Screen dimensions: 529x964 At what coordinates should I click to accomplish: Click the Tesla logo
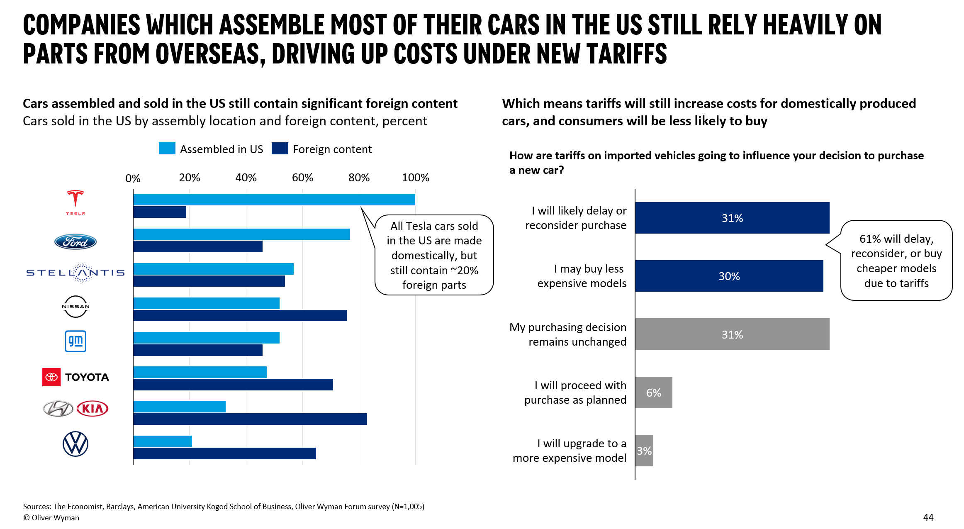(x=75, y=202)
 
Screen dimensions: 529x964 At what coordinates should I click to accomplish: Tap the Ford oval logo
(x=75, y=242)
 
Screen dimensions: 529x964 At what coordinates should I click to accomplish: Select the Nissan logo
(x=75, y=307)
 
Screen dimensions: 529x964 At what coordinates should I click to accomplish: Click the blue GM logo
(x=75, y=341)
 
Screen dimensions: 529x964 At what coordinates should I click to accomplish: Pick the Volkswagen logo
(x=75, y=444)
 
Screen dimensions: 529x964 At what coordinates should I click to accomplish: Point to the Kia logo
(x=93, y=409)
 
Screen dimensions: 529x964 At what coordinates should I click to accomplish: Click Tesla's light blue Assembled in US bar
(x=274, y=200)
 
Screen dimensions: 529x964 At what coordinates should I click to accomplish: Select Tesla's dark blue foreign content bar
(x=160, y=212)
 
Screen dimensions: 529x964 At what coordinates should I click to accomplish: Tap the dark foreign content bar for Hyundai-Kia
(x=250, y=419)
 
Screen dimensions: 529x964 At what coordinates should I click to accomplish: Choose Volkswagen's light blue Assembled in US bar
(x=163, y=441)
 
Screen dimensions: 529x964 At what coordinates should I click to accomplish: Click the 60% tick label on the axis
(x=302, y=178)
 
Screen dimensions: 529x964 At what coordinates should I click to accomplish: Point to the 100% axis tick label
(x=415, y=178)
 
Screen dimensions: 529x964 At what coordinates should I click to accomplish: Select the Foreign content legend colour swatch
(x=280, y=149)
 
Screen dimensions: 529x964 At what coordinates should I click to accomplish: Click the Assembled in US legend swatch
(x=167, y=149)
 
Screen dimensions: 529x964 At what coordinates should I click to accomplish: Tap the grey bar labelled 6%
(x=653, y=392)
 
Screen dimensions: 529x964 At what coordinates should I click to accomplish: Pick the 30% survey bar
(x=729, y=276)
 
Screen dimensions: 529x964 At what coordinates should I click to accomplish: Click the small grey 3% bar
(x=644, y=451)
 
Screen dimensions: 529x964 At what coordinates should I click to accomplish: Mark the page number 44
(x=928, y=517)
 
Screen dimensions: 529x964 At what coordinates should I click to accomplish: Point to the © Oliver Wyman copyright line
(x=51, y=518)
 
